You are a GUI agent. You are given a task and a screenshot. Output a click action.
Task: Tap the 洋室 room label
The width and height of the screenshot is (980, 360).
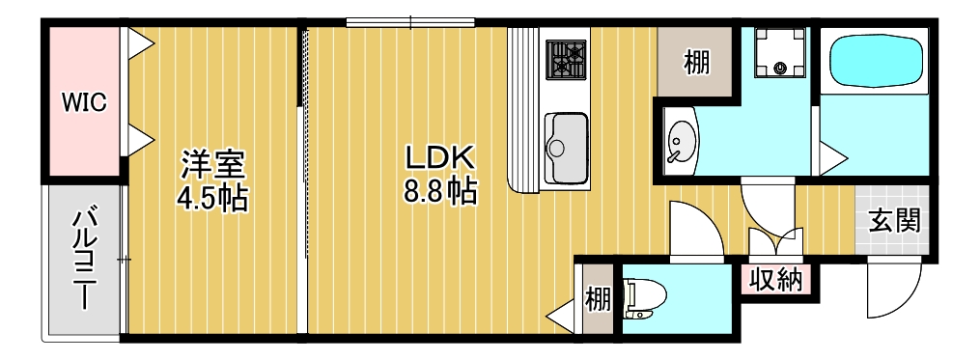[x=213, y=163]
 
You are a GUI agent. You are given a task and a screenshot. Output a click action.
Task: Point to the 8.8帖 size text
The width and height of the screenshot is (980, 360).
[x=438, y=191]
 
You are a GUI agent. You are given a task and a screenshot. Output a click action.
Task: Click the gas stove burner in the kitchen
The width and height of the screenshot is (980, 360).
[x=567, y=59]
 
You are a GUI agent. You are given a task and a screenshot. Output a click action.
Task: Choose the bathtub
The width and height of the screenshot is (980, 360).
[x=876, y=62]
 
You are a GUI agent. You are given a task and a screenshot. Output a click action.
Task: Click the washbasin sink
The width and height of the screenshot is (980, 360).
[x=683, y=143]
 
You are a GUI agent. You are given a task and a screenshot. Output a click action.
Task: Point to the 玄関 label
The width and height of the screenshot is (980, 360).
[x=894, y=219]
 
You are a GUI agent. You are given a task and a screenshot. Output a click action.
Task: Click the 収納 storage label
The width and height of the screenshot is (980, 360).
[x=776, y=280]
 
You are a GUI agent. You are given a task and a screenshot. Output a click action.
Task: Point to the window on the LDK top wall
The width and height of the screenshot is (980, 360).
[x=411, y=22]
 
